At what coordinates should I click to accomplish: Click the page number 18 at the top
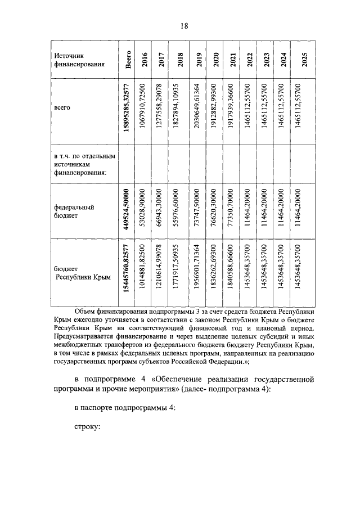click(184, 26)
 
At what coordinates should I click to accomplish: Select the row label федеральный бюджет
click(74, 211)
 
